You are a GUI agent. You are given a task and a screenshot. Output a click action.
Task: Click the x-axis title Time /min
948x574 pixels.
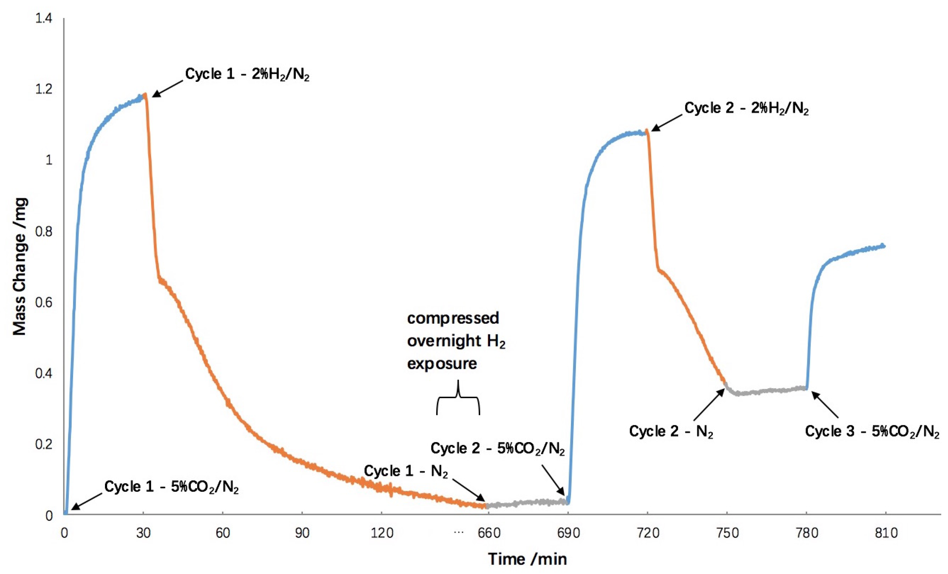(528, 559)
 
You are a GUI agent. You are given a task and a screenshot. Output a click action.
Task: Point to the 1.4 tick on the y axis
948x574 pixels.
(43, 19)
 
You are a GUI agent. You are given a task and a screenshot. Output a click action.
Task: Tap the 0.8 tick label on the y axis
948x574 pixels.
(43, 231)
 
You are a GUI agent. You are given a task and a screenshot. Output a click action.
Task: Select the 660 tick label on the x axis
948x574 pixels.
(489, 533)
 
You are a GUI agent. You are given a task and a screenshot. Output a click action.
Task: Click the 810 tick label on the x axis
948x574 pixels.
(886, 533)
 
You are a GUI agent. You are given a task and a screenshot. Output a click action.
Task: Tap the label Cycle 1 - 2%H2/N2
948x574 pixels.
(247, 74)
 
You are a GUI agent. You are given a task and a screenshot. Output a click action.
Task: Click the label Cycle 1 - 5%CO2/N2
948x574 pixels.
(172, 487)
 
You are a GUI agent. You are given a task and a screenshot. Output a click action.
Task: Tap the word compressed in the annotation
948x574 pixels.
(453, 318)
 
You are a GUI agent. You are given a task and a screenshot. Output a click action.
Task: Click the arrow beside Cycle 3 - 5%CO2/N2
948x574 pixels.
(824, 404)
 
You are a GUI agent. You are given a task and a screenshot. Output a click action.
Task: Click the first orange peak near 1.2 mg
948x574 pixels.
(145, 94)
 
